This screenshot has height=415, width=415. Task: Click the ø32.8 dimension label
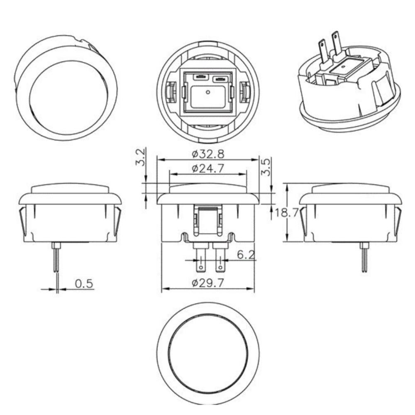pyautogui.click(x=208, y=154)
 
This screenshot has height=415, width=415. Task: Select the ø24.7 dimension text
pyautogui.click(x=208, y=168)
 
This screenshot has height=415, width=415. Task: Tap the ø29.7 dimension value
pyautogui.click(x=208, y=283)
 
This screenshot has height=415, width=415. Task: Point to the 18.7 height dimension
pyautogui.click(x=287, y=212)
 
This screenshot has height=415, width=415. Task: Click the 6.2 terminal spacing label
pyautogui.click(x=246, y=255)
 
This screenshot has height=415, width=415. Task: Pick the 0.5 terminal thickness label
pyautogui.click(x=84, y=284)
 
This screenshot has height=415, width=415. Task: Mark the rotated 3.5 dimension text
pyautogui.click(x=266, y=167)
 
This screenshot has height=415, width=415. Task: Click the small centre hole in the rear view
pyautogui.click(x=208, y=92)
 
